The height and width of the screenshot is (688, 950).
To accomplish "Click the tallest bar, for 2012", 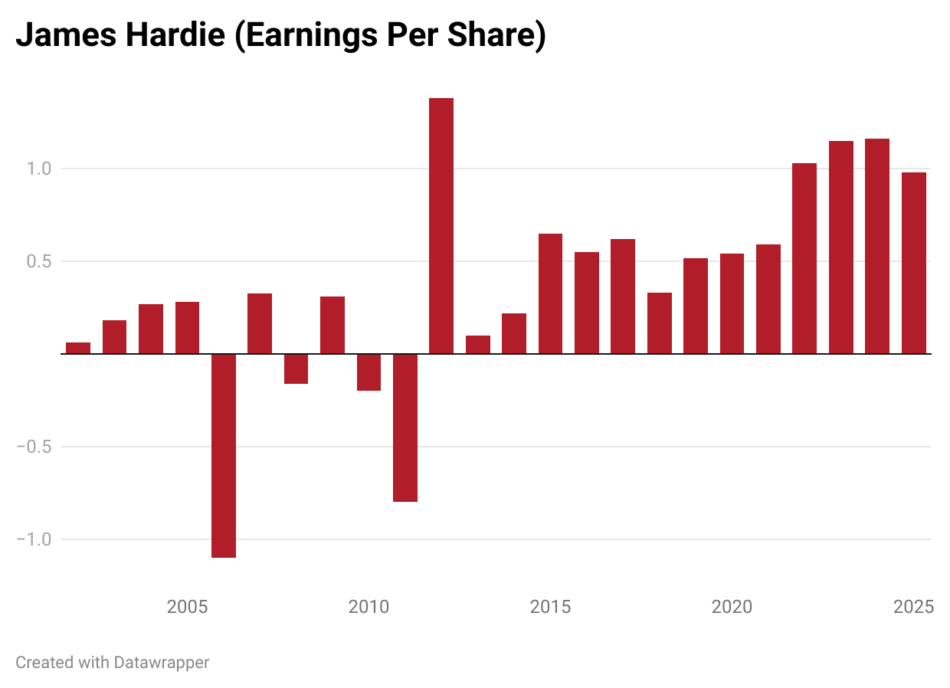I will pyautogui.click(x=441, y=225).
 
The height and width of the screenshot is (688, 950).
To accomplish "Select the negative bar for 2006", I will pyautogui.click(x=224, y=455).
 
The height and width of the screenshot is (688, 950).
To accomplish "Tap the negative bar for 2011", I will pyautogui.click(x=405, y=428).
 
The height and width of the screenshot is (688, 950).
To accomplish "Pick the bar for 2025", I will pyautogui.click(x=914, y=263).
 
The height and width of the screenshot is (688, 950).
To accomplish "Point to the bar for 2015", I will pyautogui.click(x=550, y=293).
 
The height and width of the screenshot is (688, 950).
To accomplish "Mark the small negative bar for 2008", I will pyautogui.click(x=296, y=369).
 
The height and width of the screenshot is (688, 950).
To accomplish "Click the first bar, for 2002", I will pyautogui.click(x=78, y=348).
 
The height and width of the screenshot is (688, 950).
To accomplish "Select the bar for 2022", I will pyautogui.click(x=804, y=258).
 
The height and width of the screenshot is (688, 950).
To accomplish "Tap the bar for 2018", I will pyautogui.click(x=660, y=323).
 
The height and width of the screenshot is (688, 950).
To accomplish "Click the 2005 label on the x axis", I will pyautogui.click(x=188, y=608).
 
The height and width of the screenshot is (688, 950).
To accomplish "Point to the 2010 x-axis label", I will pyautogui.click(x=369, y=608).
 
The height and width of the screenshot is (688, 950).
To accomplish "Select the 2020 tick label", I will pyautogui.click(x=732, y=608).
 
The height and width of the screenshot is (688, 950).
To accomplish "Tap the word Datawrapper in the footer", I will pyautogui.click(x=161, y=662).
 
